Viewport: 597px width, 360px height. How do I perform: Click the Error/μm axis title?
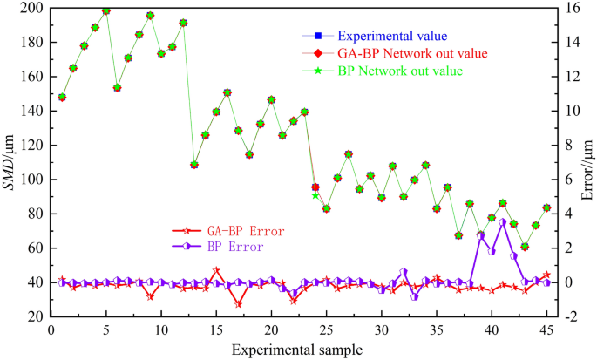coord(588,162)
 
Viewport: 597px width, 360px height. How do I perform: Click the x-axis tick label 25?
coord(326,330)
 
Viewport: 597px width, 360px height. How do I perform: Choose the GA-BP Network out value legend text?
coord(405,53)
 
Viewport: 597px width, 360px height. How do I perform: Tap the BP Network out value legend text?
coord(400,71)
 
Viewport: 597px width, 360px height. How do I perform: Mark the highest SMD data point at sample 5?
coord(106,11)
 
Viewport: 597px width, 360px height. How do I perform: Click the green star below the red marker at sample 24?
coord(315,195)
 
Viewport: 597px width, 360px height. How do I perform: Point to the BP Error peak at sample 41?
coord(503,222)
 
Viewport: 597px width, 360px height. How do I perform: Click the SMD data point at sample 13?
coord(194,165)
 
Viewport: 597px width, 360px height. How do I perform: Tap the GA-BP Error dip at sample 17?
coord(238,304)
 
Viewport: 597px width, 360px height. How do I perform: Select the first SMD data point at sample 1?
coord(62,97)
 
